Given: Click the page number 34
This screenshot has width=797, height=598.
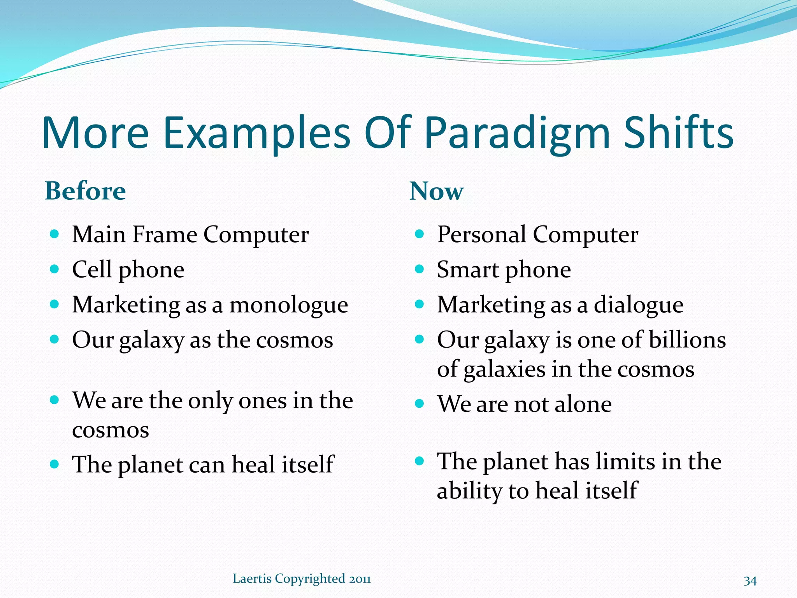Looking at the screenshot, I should click(750, 580).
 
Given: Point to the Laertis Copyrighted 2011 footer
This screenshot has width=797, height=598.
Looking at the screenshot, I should click(302, 579).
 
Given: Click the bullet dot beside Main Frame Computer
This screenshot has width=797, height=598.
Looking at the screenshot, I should click(54, 234).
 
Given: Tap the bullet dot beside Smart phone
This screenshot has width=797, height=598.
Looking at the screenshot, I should click(419, 269).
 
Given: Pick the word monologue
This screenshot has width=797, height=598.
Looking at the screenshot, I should click(288, 305).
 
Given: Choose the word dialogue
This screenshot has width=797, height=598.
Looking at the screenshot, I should click(638, 305).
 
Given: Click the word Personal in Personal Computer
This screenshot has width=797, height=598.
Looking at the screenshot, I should click(481, 234).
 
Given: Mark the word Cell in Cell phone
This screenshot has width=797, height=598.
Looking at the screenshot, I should click(92, 269).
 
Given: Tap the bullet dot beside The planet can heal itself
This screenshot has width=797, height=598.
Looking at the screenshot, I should click(54, 464).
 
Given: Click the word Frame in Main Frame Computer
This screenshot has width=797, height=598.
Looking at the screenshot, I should click(165, 234).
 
